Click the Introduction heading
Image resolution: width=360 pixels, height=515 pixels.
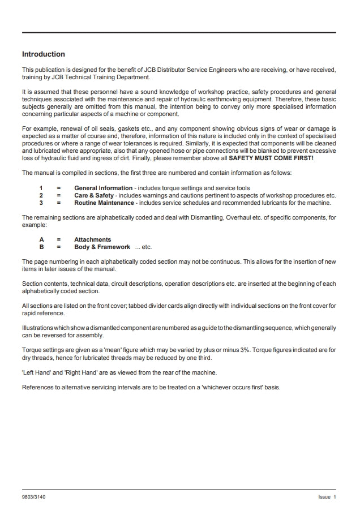tap(43, 54)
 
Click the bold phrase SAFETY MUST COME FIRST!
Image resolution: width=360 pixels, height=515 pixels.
tap(271, 159)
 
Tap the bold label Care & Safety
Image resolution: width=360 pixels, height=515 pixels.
tap(94, 195)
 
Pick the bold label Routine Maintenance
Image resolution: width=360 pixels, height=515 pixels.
tap(104, 203)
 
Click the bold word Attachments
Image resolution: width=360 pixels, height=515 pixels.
tap(92, 240)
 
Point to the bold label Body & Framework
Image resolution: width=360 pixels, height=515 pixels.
tap(102, 247)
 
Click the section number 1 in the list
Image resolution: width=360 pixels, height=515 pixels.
tap(41, 188)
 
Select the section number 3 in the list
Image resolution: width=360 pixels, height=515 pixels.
tap(41, 203)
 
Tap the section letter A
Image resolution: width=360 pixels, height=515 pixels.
tap(41, 240)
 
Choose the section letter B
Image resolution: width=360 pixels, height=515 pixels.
tap(41, 247)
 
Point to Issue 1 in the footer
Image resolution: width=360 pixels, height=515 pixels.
tap(327, 497)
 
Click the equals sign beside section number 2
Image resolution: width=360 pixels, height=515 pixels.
tap(59, 195)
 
